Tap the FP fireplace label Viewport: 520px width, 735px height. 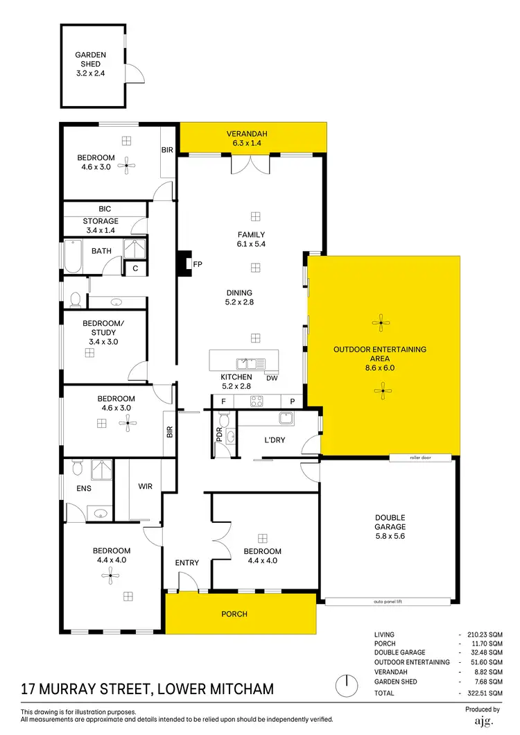197,264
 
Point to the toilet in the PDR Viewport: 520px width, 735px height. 223,422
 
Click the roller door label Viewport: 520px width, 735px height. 420,458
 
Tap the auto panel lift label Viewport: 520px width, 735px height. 388,601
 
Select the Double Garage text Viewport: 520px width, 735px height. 390,522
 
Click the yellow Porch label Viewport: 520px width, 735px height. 234,614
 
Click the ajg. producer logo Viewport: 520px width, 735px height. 482,721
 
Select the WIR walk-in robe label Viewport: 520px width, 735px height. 145,487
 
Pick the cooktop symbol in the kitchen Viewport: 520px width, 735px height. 257,401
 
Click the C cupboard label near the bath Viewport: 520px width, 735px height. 135,268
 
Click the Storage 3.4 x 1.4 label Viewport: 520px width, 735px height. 101,225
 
